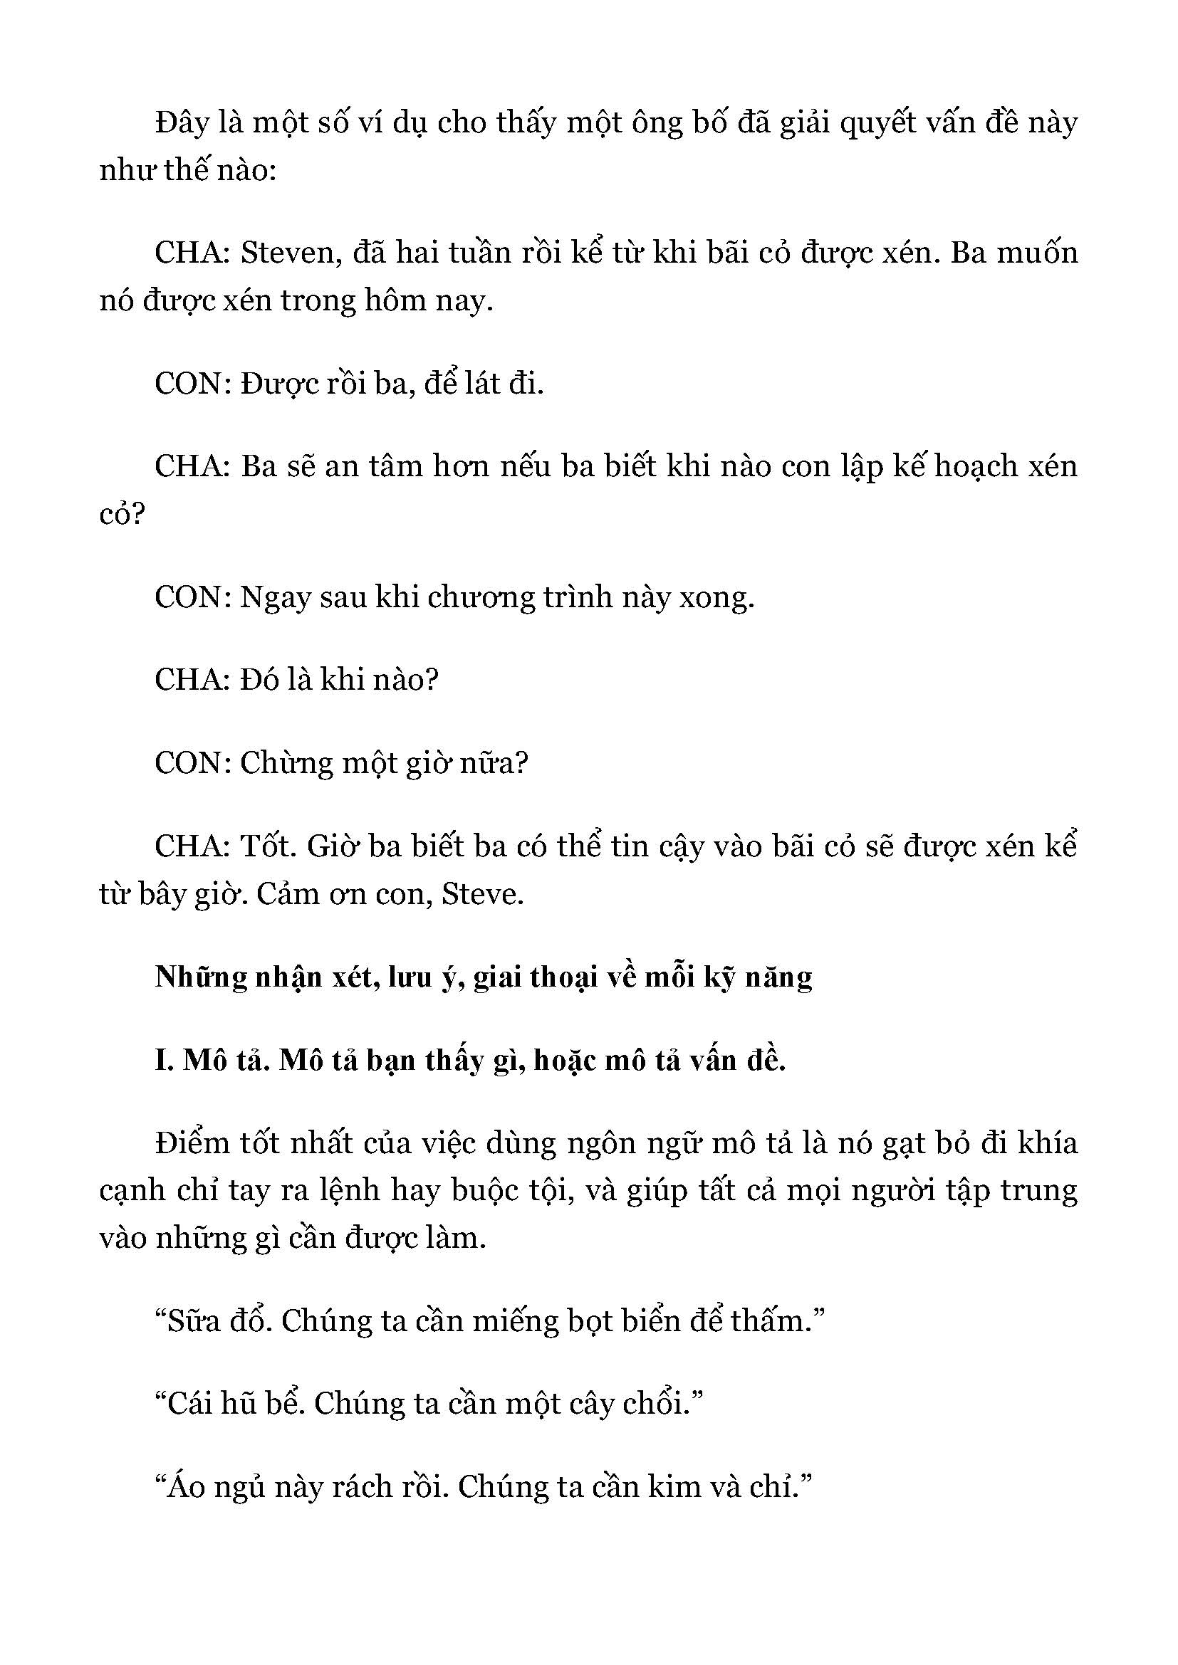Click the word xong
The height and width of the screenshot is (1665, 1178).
point(716,597)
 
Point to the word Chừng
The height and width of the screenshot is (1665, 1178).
point(285,763)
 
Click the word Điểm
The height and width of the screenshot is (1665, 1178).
point(192,1144)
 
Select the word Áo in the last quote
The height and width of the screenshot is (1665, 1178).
point(185,1487)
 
